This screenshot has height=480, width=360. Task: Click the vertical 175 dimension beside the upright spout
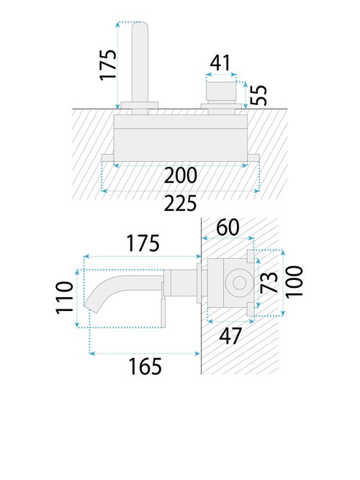click(109, 65)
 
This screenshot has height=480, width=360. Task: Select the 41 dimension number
click(220, 63)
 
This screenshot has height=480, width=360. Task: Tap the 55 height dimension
click(258, 95)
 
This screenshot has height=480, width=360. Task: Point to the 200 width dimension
click(181, 175)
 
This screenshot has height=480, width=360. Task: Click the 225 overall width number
click(180, 203)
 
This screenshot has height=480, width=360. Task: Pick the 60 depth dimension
click(228, 227)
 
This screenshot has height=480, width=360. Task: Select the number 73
click(269, 281)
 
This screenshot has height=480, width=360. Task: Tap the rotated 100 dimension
click(294, 281)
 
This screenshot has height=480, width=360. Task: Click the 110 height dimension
click(64, 297)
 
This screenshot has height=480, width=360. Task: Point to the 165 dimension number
click(145, 366)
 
